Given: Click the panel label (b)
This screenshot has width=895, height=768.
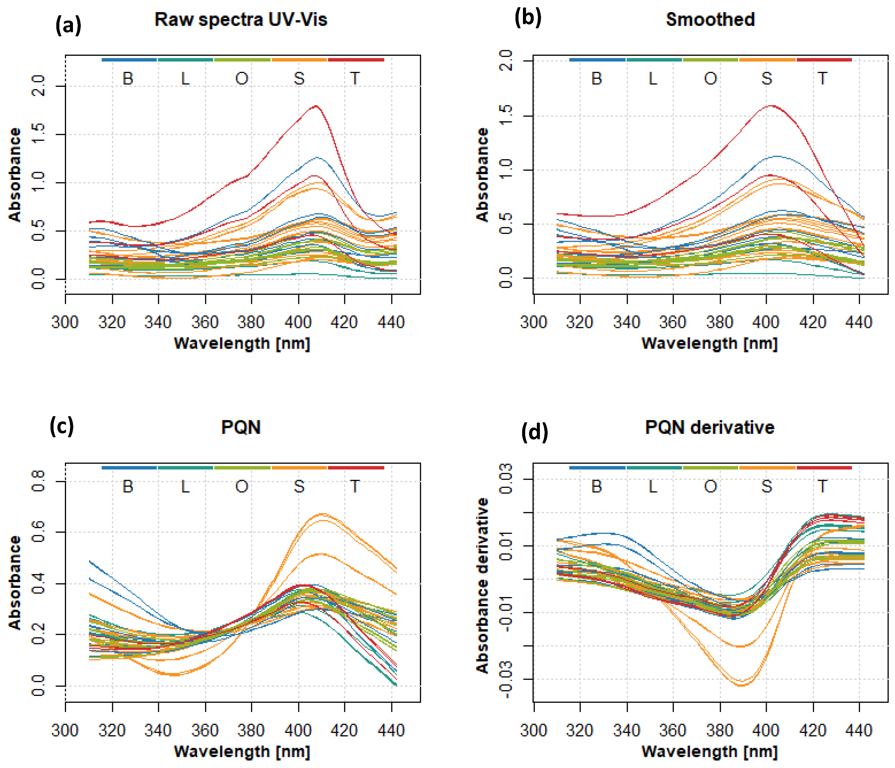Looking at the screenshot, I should (x=527, y=18).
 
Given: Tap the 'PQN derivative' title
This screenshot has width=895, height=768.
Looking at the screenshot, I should (x=709, y=428).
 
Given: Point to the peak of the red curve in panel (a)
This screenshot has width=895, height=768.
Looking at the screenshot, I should (x=316, y=106).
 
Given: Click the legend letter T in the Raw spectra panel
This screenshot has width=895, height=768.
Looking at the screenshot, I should (x=355, y=79).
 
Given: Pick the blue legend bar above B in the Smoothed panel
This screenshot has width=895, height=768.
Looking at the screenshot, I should (x=597, y=60).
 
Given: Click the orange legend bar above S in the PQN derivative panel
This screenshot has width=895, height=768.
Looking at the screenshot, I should (x=767, y=468).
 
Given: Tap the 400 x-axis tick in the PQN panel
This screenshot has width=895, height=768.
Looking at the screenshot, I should (x=298, y=731).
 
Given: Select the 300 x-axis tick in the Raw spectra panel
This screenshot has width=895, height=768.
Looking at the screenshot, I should (x=65, y=322).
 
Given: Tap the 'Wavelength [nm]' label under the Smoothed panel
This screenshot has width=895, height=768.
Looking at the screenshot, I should (x=709, y=344).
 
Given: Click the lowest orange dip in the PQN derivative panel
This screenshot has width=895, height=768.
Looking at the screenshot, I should (x=741, y=685).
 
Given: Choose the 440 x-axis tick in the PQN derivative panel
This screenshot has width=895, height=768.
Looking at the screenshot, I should (x=859, y=731).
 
